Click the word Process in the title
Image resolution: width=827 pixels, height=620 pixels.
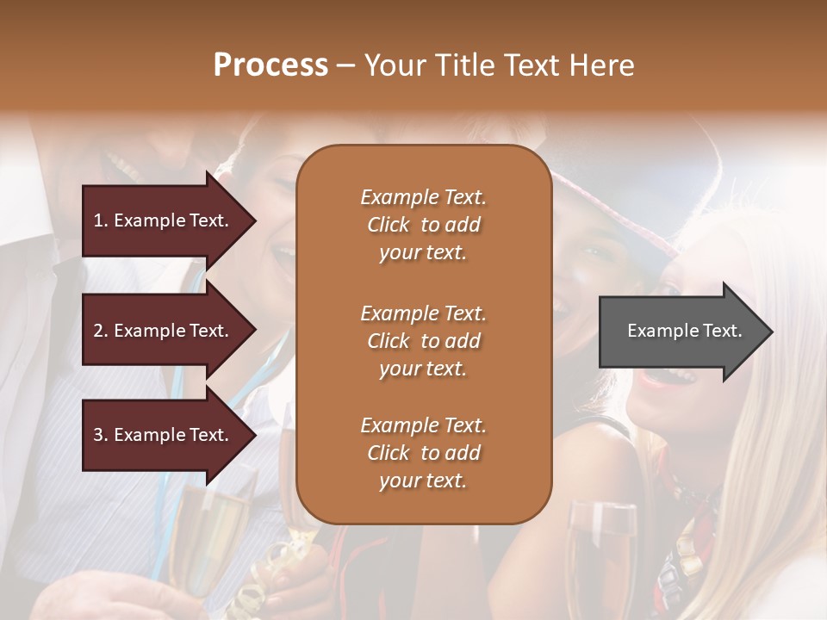click(270, 65)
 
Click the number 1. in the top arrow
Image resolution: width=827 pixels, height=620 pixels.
click(101, 220)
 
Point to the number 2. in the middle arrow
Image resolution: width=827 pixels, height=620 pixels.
click(101, 331)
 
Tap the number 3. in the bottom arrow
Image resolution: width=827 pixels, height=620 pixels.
click(101, 435)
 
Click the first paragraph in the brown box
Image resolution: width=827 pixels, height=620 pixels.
click(423, 225)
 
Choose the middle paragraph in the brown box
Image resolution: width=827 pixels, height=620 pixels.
click(423, 341)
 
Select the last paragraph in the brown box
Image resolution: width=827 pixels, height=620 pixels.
click(423, 453)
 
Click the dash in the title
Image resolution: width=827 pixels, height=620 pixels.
click(345, 65)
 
